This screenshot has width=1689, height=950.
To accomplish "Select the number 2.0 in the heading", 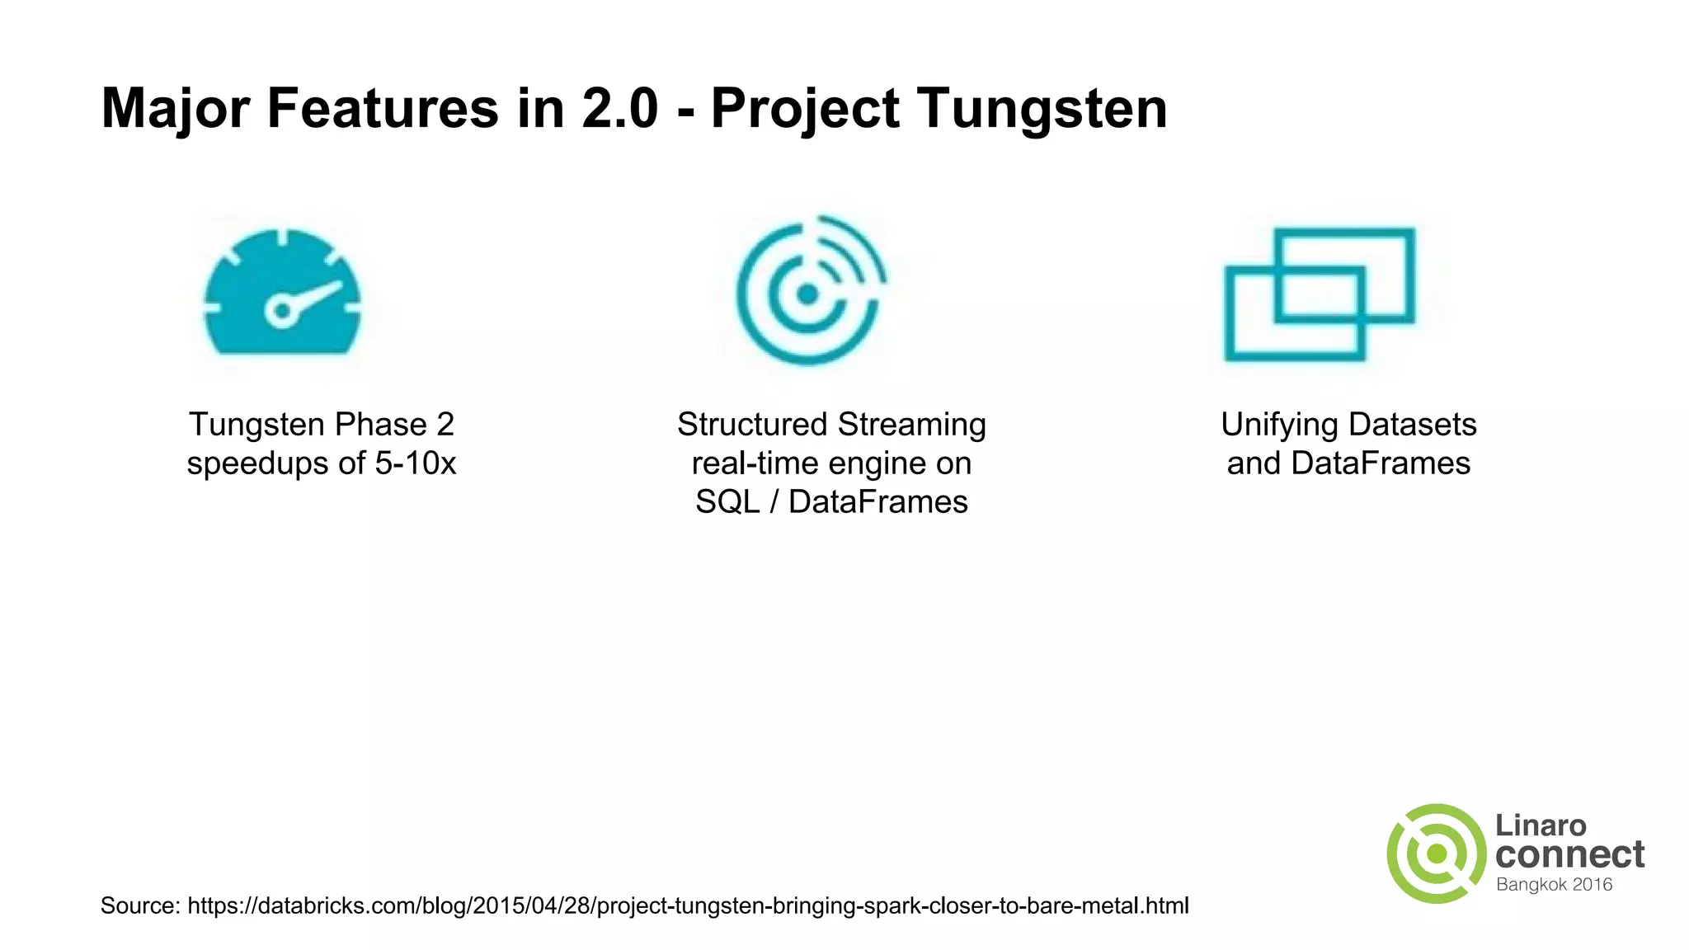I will [619, 108].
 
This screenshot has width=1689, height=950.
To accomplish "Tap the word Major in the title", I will [175, 108].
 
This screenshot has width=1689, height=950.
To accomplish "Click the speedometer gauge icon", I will [283, 292].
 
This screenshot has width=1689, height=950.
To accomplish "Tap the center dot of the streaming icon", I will [807, 294].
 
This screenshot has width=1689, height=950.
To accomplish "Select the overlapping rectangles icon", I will [1320, 294].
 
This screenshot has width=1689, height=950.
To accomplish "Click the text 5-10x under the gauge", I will [415, 463].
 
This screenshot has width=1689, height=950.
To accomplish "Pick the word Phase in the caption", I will [380, 425].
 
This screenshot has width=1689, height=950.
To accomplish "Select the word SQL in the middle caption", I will [727, 502].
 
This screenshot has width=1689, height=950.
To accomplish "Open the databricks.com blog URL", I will [688, 905].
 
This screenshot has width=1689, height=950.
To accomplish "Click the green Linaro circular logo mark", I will [1436, 854].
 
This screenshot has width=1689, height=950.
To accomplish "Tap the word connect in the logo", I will [1569, 854].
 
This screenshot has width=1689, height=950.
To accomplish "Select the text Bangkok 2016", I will [1554, 885].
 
